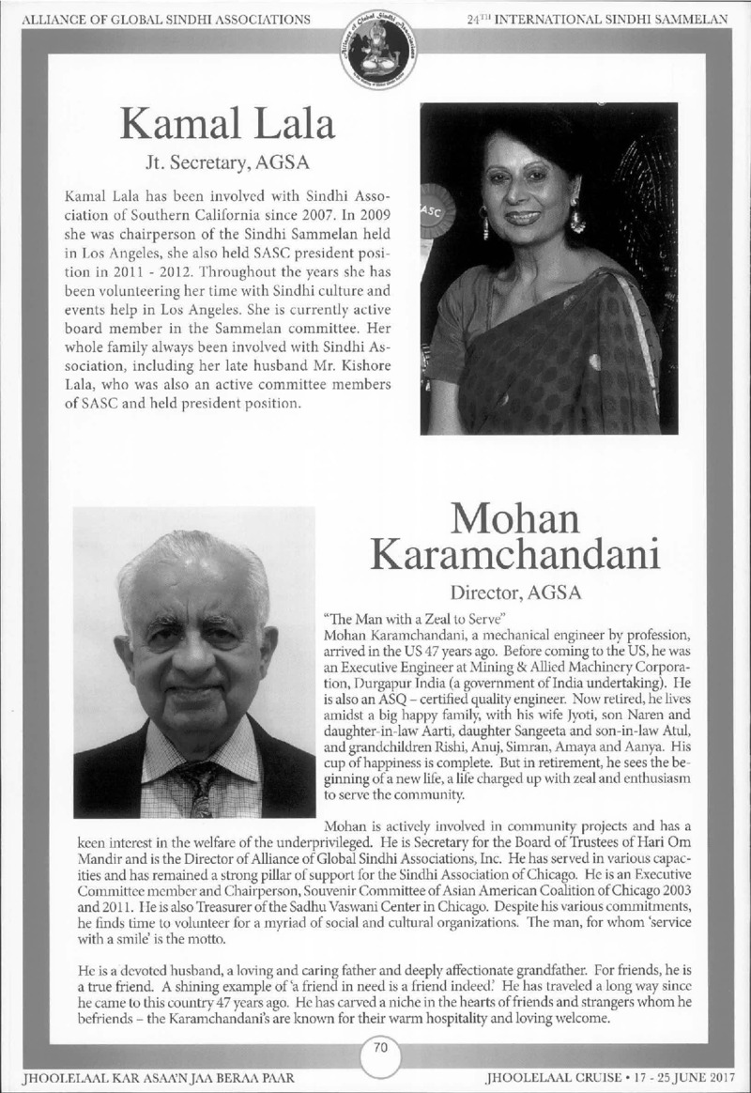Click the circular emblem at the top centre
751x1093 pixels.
click(x=375, y=54)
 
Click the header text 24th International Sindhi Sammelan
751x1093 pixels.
click(x=597, y=19)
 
